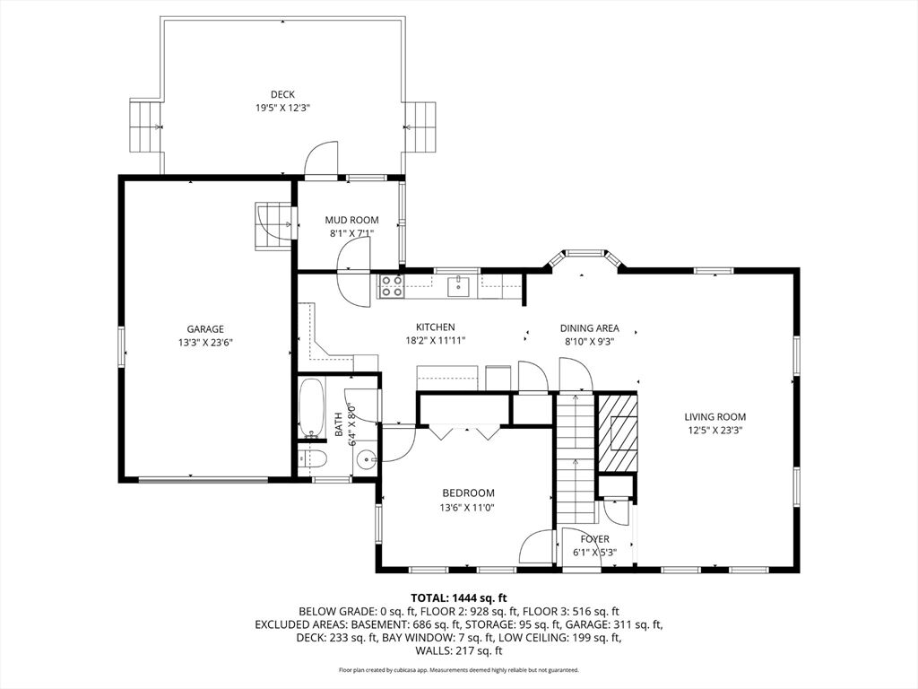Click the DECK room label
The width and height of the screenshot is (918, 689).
coord(282,94)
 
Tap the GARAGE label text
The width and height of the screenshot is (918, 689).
coord(205,329)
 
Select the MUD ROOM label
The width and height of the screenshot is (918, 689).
coord(351,221)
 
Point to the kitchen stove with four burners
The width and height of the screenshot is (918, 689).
coord(391,286)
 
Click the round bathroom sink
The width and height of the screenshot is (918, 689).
coord(367,460)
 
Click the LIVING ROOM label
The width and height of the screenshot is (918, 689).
coord(714,417)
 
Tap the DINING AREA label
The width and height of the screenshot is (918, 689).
coord(589,328)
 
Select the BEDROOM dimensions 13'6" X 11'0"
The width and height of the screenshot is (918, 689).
coord(468,508)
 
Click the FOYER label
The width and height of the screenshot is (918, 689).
coord(595,539)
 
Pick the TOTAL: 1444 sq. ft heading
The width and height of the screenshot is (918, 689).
coord(458,598)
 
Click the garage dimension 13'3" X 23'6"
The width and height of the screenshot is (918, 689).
coord(205,344)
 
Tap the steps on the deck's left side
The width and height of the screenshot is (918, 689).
coord(145,126)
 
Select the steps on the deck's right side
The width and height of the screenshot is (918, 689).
coord(420,126)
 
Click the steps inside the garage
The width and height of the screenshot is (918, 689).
coord(273,225)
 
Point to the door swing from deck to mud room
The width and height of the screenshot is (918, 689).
coord(322,157)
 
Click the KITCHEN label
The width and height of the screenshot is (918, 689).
coord(435,327)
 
